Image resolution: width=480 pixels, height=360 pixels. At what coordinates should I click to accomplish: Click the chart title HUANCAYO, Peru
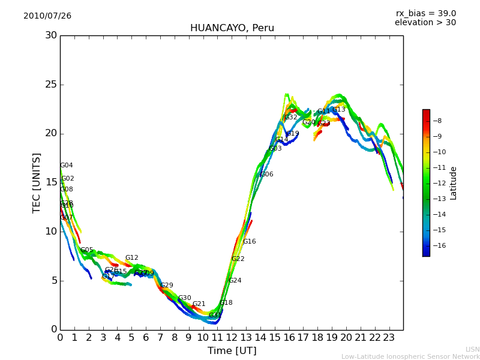[x=232, y=28]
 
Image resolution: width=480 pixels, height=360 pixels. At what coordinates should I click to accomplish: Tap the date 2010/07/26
[x=47, y=16]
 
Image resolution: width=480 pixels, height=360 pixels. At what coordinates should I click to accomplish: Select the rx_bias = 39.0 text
[x=425, y=13]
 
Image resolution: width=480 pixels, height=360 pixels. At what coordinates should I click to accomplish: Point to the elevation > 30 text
[x=425, y=23]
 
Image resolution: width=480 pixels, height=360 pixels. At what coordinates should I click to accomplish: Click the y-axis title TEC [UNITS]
[x=37, y=182]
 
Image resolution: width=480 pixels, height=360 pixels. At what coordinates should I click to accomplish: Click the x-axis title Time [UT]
[x=232, y=351]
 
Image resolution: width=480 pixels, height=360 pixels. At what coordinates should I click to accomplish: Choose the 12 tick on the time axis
[x=232, y=337]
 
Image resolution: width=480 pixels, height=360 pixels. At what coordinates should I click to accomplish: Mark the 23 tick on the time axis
[x=389, y=337]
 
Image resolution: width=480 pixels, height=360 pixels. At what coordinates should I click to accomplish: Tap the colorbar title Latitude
[x=454, y=183]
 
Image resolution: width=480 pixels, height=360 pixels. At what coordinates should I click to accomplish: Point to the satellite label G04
[x=67, y=166]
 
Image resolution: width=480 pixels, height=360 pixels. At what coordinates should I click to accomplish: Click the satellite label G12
[x=132, y=258]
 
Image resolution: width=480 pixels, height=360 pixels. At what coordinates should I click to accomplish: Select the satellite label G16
[x=249, y=242]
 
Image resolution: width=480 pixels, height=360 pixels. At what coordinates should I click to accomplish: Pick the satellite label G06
[x=266, y=175]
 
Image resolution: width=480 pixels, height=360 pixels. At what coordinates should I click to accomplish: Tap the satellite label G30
[x=184, y=298]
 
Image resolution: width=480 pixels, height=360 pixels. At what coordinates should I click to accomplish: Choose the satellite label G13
[x=339, y=110]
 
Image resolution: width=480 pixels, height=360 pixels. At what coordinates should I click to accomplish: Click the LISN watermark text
[x=472, y=349]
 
